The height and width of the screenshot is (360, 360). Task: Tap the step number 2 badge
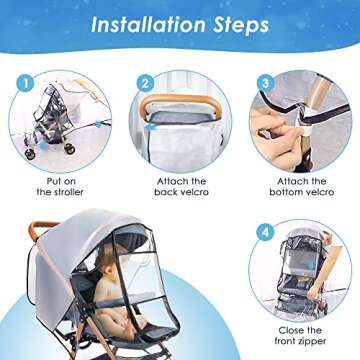pos(145,84)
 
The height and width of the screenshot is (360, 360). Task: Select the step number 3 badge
pos(266,84)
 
